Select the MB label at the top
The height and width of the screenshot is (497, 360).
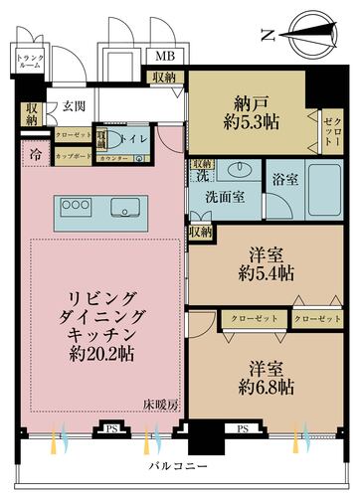tap(164, 59)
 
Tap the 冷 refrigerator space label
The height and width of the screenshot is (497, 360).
tap(36, 154)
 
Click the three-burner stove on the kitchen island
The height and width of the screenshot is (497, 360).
tap(76, 205)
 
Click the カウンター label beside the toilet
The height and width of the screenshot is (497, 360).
tap(113, 158)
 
